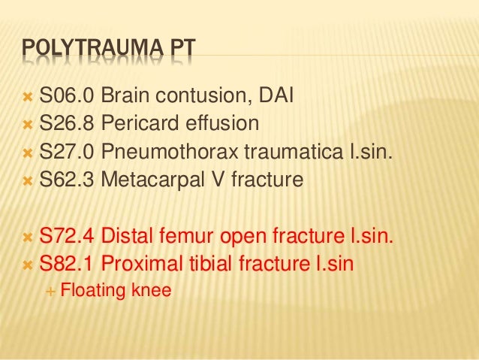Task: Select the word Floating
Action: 93,290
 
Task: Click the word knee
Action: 151,290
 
